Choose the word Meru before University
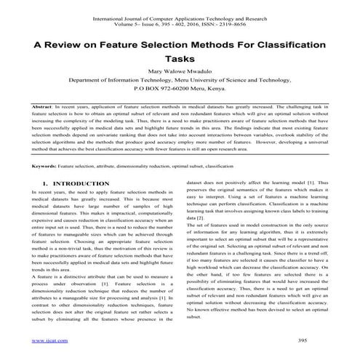[188, 84]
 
